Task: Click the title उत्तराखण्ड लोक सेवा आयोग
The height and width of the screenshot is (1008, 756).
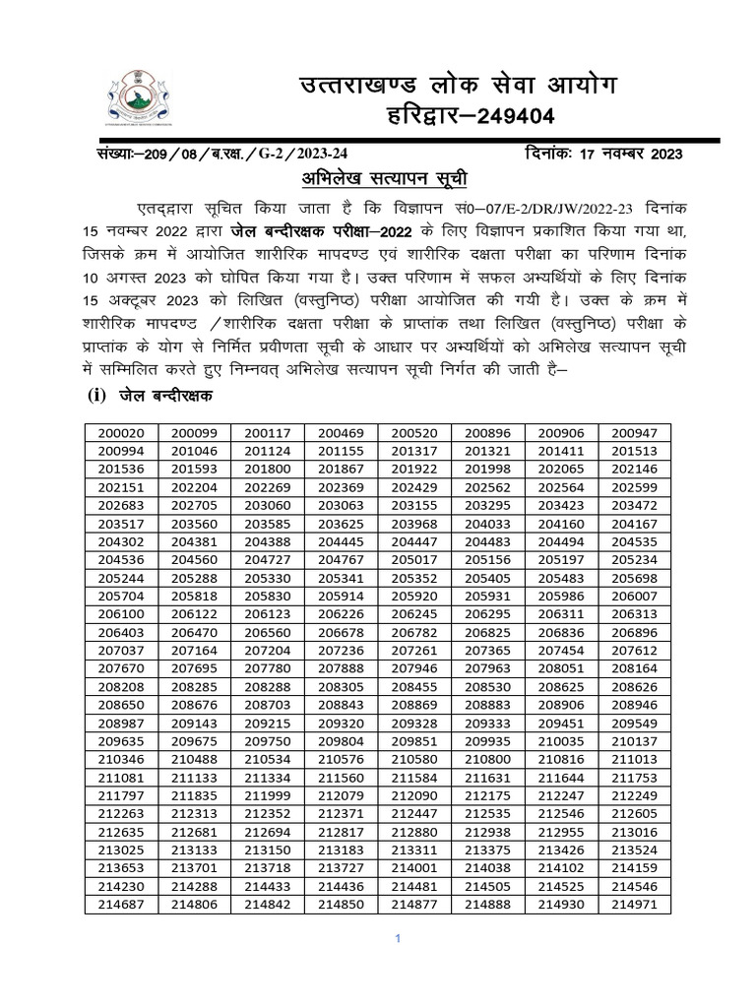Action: [459, 86]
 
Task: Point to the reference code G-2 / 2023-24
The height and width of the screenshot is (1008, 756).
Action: [296, 154]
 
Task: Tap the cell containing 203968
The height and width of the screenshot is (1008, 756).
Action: [414, 524]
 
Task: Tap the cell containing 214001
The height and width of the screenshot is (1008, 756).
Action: [414, 869]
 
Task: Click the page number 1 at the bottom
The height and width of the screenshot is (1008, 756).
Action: [397, 939]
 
